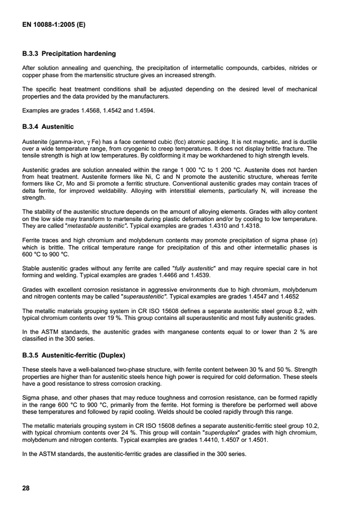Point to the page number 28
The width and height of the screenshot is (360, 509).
point(26,488)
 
